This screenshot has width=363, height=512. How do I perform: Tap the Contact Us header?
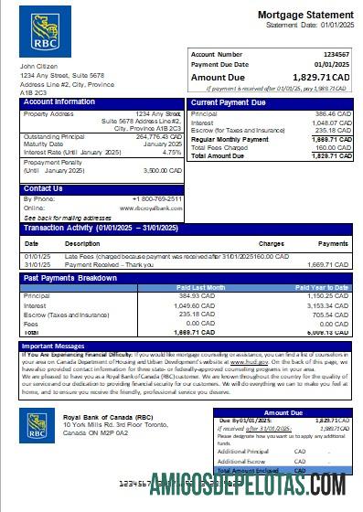click(x=43, y=188)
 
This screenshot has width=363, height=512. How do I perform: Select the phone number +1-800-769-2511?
click(x=157, y=198)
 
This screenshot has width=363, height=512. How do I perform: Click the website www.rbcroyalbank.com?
click(x=156, y=207)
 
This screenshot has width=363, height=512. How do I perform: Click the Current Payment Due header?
click(x=230, y=102)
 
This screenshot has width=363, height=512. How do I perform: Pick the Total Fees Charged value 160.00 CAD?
click(x=330, y=146)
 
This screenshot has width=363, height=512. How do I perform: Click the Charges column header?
click(x=272, y=244)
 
